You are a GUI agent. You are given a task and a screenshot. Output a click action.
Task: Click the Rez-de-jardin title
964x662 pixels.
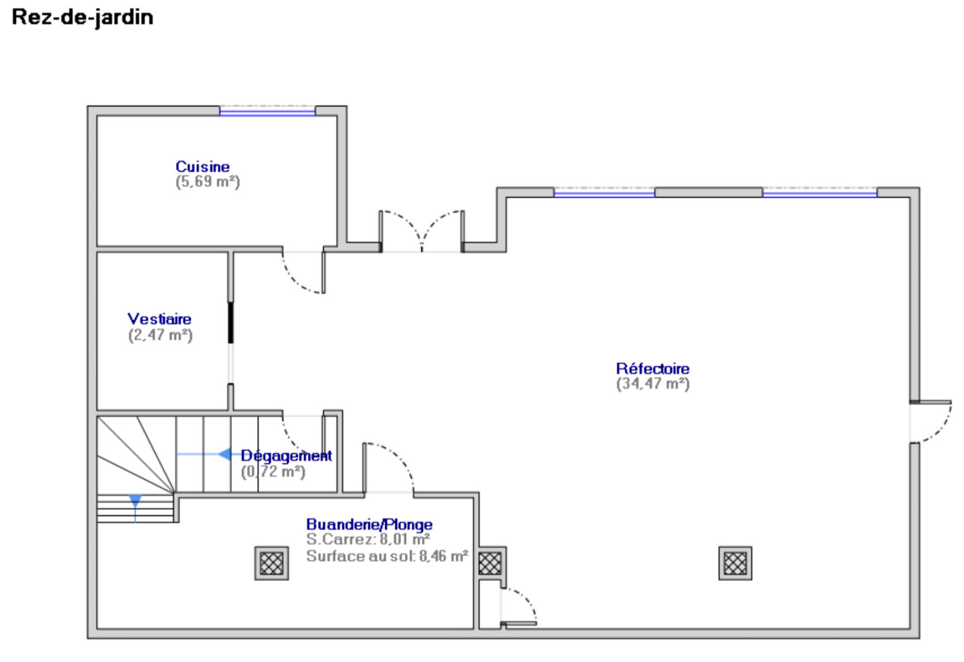[x=82, y=17]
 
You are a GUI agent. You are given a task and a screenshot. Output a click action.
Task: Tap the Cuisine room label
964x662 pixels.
[x=203, y=167]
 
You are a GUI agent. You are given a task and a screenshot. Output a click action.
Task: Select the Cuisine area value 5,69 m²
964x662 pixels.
[x=208, y=182]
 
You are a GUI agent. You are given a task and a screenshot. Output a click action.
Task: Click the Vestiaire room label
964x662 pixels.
[x=160, y=319]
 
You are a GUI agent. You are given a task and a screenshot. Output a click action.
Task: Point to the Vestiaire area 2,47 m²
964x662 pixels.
[x=160, y=335]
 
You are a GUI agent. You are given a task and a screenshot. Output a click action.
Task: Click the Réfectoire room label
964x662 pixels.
[x=652, y=368]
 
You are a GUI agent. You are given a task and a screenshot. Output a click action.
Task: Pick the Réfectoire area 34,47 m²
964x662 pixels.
[x=652, y=384]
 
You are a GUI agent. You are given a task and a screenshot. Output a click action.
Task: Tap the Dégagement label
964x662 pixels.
[x=286, y=456]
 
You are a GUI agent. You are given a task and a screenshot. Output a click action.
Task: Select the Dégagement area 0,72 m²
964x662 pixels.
[x=273, y=472]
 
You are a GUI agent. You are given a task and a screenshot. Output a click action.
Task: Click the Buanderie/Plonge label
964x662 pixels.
[x=369, y=524]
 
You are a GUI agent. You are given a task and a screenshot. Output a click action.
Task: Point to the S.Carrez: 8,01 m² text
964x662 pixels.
[x=368, y=540]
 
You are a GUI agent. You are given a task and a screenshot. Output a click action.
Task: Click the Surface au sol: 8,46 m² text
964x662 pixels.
[x=387, y=556]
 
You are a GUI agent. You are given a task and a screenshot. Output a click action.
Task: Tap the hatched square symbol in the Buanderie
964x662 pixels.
[x=272, y=563]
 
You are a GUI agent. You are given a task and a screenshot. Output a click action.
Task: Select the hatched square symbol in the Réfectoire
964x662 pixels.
[x=735, y=563]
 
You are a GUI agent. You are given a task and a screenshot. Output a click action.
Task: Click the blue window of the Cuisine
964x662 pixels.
[x=267, y=112]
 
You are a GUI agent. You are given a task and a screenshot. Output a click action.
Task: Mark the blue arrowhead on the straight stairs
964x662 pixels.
[x=224, y=455]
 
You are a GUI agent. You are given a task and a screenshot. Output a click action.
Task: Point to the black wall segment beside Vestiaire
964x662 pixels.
[x=231, y=323]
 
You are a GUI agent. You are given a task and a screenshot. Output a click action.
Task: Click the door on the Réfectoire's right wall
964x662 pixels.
[x=931, y=422]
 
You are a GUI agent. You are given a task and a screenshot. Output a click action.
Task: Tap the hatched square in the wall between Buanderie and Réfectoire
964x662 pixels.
[x=490, y=563]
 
